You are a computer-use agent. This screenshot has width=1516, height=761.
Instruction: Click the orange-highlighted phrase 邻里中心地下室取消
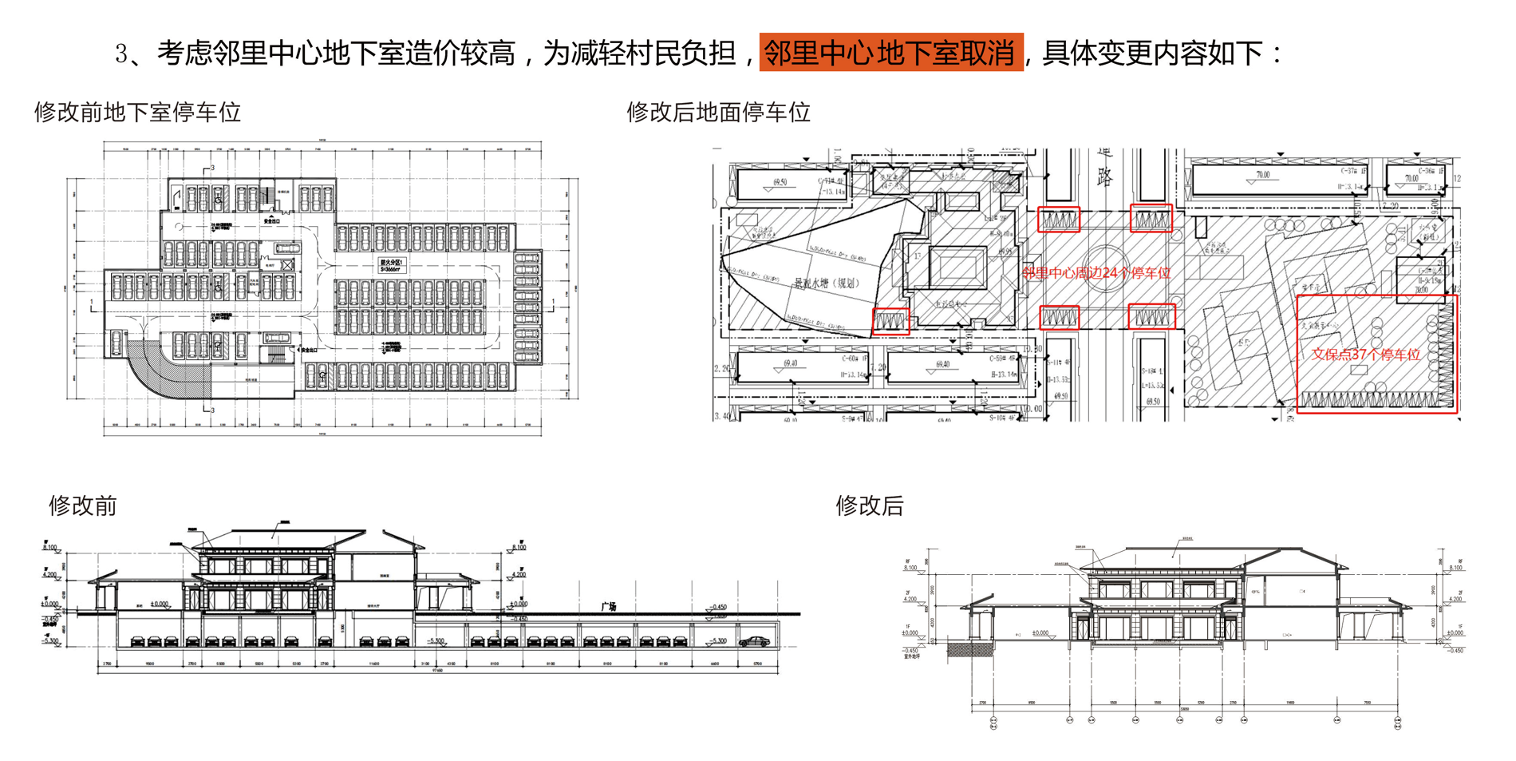(x=890, y=53)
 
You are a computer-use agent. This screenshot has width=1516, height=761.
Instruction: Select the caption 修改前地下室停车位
(x=137, y=112)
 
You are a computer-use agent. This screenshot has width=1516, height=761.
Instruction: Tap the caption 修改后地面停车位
(x=718, y=112)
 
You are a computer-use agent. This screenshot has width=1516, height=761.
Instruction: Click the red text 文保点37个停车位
(x=1365, y=355)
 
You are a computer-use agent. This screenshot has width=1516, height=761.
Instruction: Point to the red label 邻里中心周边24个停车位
(x=1096, y=273)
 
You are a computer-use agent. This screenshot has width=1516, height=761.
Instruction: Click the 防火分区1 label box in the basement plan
(x=392, y=266)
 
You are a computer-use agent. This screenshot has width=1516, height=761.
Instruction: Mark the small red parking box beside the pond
(x=890, y=321)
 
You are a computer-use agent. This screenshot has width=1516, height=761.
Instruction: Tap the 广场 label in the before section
(x=609, y=607)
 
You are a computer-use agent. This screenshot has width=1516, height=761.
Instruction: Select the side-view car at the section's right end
(x=754, y=641)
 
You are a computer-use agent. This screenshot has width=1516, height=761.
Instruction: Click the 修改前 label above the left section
(x=83, y=505)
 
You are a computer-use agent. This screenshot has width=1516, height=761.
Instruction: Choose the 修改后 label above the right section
(x=870, y=505)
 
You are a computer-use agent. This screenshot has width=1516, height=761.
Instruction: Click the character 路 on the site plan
(x=1104, y=176)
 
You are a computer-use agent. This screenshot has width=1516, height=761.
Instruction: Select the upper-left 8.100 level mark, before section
(x=49, y=547)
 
